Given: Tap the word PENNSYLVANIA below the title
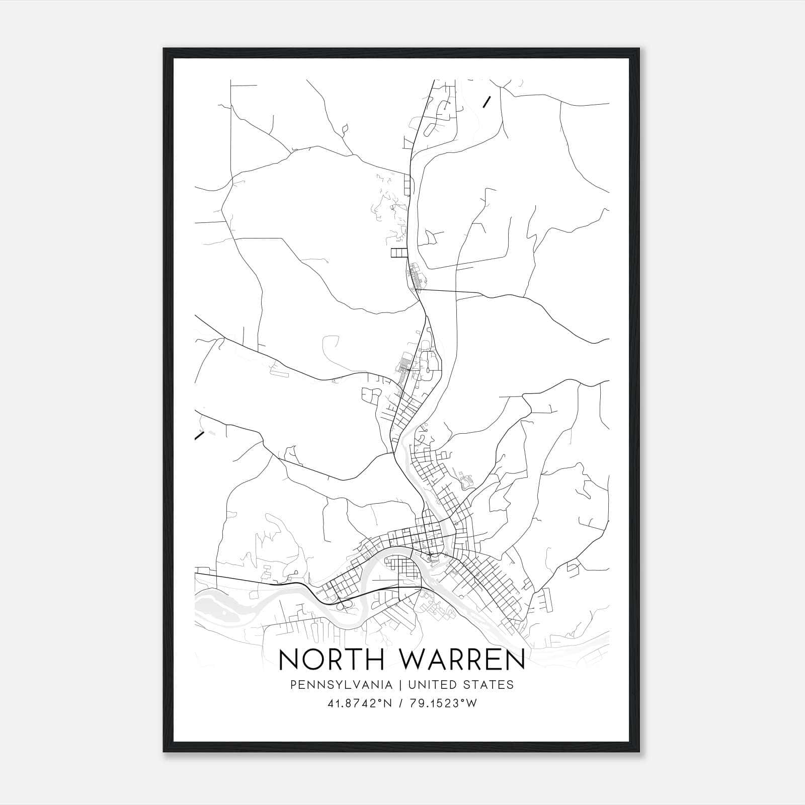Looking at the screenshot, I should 340,685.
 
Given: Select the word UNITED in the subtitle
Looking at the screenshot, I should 433,685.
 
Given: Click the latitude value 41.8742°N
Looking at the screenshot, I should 359,704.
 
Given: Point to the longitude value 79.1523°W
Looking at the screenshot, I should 442,704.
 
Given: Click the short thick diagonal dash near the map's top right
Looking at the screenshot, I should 487,102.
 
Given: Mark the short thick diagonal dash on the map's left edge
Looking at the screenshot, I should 199,436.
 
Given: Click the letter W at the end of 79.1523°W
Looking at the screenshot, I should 471,704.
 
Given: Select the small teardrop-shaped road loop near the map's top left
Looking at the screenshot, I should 345,130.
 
